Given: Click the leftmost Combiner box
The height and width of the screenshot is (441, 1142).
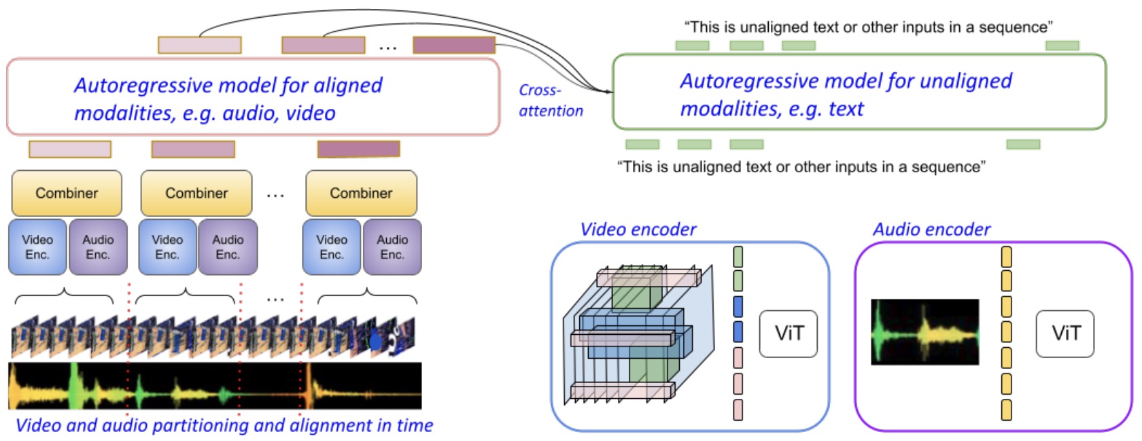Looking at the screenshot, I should click(67, 193).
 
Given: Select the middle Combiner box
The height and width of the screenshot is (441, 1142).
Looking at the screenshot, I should click(196, 193).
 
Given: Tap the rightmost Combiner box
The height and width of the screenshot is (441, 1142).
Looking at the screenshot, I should click(361, 193).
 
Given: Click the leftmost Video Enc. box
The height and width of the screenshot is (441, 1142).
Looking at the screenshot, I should click(37, 247).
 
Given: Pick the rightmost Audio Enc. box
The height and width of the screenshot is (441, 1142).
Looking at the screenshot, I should click(392, 247).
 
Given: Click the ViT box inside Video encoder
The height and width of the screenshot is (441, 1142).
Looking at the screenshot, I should click(789, 333).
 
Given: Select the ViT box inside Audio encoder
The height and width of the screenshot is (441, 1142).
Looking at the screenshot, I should click(1065, 333).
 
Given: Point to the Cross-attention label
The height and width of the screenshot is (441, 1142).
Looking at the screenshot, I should click(551, 101).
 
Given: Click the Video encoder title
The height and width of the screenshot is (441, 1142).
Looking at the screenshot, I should click(638, 229).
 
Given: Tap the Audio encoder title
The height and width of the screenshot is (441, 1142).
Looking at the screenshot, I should click(931, 229).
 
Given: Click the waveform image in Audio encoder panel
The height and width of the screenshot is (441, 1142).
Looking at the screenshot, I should click(924, 332).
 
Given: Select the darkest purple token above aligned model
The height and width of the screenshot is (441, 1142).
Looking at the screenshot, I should click(454, 45).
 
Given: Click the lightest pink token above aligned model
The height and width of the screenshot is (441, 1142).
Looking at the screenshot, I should click(199, 45).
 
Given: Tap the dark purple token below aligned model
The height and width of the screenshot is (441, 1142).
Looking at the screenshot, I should click(358, 148).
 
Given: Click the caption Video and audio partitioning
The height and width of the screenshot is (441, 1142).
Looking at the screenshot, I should click(224, 425).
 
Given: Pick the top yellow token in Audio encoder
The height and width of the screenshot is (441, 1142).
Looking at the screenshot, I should click(1007, 257).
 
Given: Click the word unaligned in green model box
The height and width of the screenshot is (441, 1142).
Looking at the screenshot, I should click(965, 81).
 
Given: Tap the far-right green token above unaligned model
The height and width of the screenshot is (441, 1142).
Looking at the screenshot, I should click(1062, 46).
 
